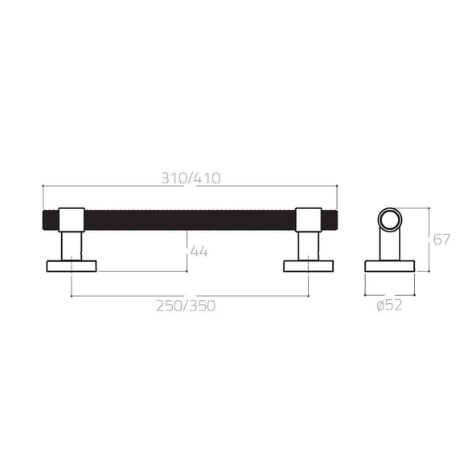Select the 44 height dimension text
pos(198,252)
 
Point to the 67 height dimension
pos(440,240)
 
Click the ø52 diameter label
pos(389,305)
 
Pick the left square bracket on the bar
pos(71,219)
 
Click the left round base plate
pos(72,265)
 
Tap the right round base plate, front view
pos(310,265)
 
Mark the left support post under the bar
pos(71,244)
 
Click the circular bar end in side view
pos(389,219)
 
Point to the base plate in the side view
pos(389,265)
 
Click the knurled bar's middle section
pos(190,219)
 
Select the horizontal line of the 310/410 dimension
pos(121,187)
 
